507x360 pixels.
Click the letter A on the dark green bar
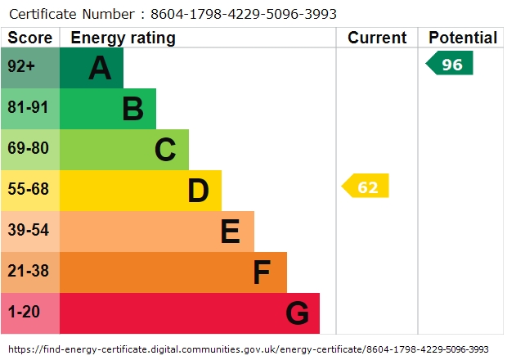click(100, 68)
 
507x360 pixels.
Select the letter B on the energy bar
click(132, 109)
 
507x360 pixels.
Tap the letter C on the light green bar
click(165, 150)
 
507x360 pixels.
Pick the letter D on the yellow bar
click(198, 191)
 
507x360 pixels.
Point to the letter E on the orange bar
click(230, 232)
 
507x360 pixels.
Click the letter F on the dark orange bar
click(262, 272)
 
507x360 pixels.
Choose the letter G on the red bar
click(297, 313)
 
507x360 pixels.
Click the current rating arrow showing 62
click(366, 187)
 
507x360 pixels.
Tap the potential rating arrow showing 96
click(451, 64)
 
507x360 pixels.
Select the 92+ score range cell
click(21, 68)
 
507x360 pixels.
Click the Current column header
click(377, 38)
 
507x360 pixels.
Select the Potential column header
click(463, 38)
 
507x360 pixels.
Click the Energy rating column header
click(123, 38)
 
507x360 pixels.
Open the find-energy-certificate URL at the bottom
click(253, 349)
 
